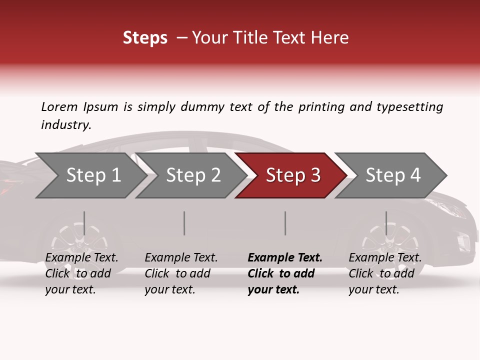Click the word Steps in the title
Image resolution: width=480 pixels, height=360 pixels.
coord(145,38)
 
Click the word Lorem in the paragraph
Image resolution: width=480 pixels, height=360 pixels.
coord(59,106)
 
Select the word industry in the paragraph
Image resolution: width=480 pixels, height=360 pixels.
coord(66,125)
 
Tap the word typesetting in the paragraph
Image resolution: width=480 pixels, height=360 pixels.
coord(409,107)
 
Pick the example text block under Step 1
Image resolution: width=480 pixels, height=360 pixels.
coord(81,273)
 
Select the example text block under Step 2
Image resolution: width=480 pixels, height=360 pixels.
coord(181,273)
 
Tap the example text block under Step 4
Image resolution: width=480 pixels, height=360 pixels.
coord(385,273)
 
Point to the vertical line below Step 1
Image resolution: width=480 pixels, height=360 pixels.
coord(84,223)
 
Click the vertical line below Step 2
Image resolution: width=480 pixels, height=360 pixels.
coord(184,223)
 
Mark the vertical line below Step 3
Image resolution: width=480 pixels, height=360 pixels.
coord(285,223)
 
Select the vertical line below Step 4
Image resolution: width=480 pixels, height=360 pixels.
coord(386,223)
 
